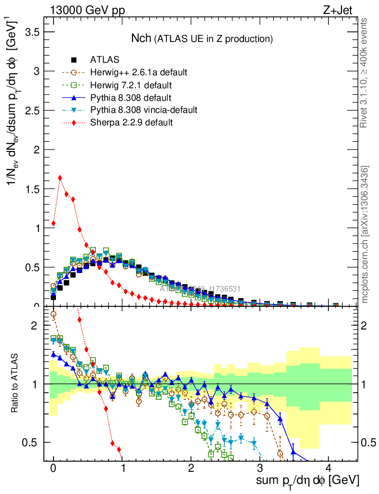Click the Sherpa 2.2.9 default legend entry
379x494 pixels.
[131, 123]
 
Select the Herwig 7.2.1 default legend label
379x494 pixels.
[131, 85]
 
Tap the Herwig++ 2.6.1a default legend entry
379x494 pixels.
[138, 73]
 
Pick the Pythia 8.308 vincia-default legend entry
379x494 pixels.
[143, 110]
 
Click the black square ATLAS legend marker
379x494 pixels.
[74, 60]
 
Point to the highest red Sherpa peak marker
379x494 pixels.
[60, 178]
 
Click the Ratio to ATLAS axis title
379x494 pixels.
[16, 384]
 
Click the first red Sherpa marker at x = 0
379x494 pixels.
[53, 223]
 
